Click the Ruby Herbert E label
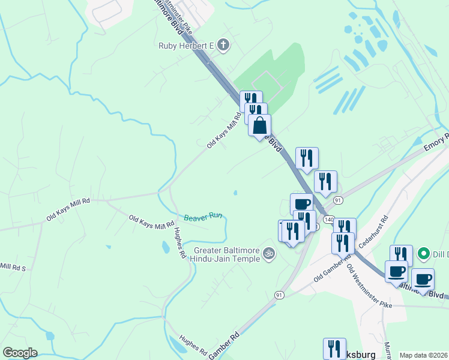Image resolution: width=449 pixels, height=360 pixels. pos(186,45)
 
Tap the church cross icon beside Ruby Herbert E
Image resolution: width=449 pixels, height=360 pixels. pos(223,44)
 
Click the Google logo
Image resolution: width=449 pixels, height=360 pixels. pos(20,353)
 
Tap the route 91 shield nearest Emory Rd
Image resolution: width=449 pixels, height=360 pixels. pos(339,199)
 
